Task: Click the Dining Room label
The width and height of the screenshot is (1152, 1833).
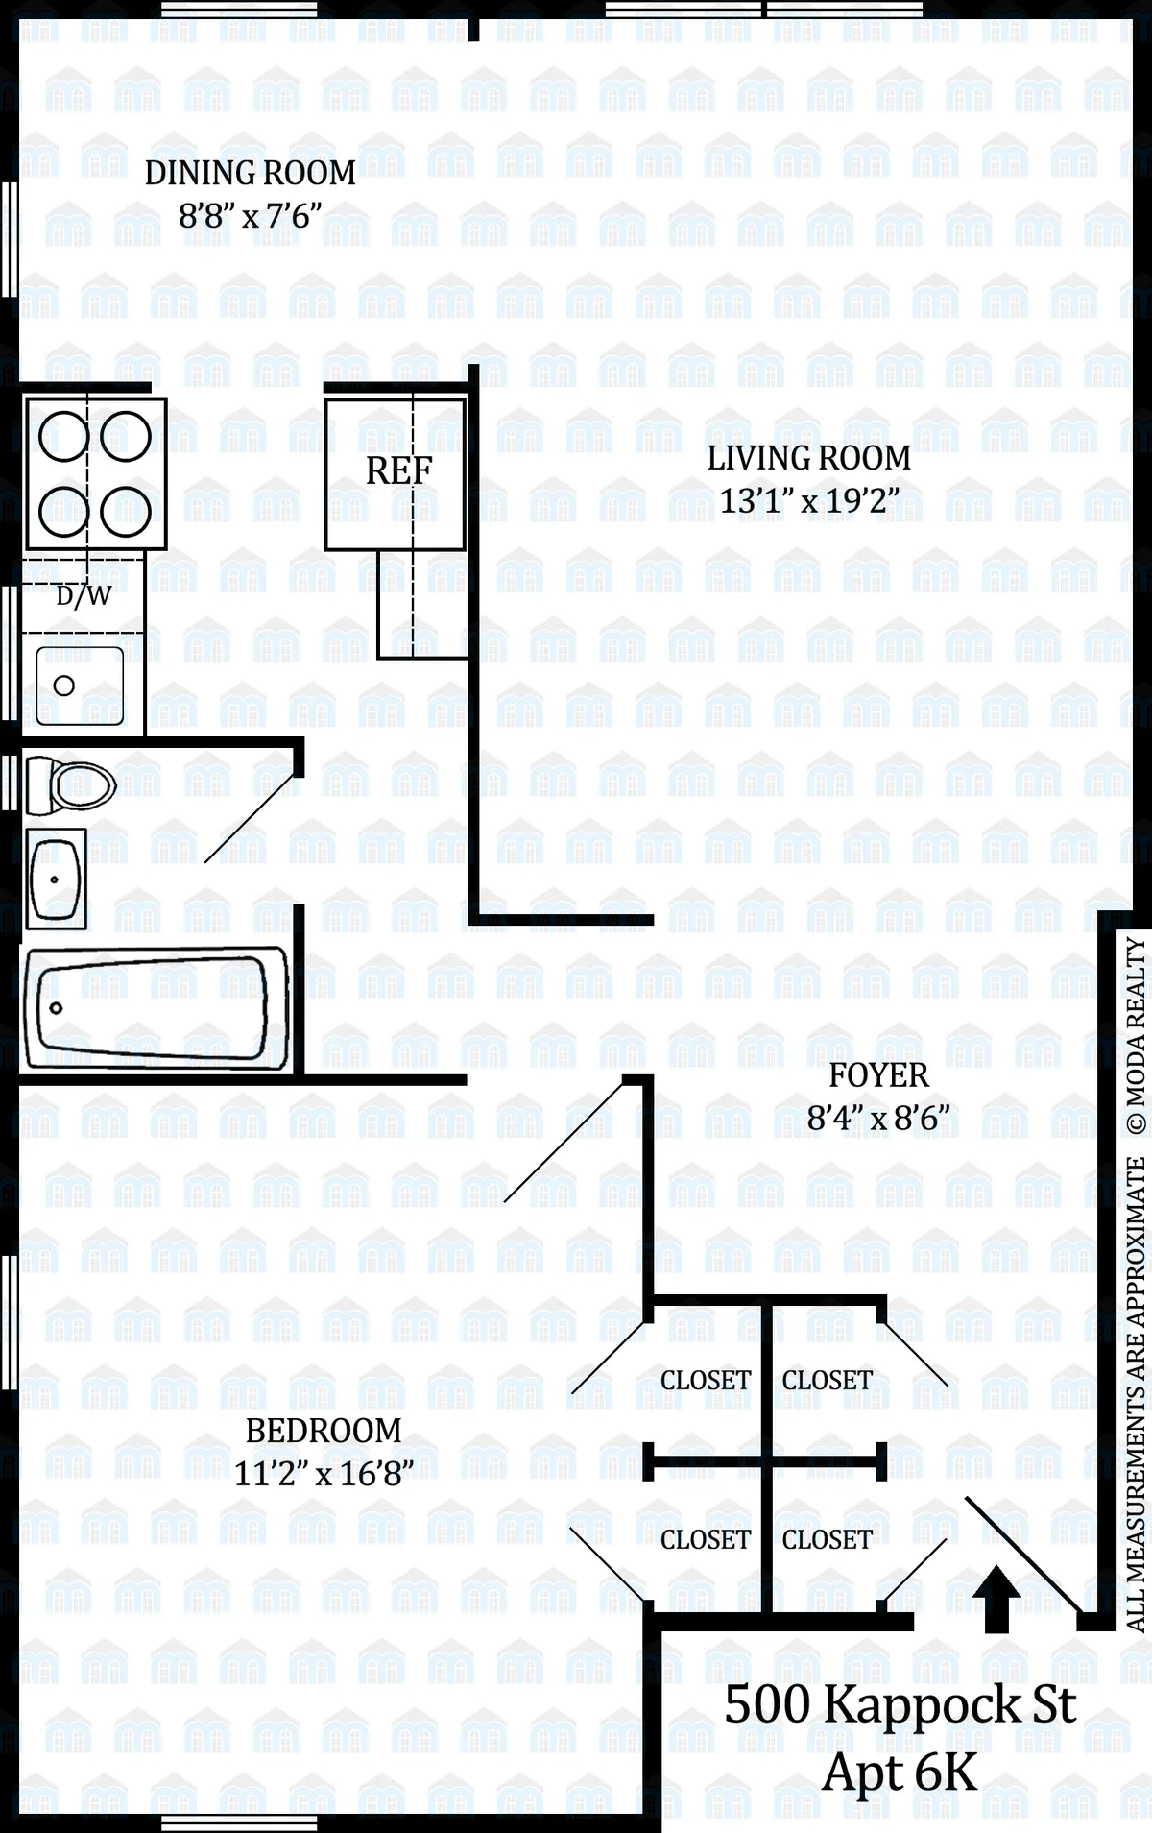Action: coord(250,174)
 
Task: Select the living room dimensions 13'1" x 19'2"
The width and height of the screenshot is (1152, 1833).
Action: coord(809,501)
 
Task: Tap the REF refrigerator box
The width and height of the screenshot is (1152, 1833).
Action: coord(396,473)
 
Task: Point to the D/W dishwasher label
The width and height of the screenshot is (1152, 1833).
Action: coord(84,596)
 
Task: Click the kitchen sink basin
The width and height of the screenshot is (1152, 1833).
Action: coord(80,686)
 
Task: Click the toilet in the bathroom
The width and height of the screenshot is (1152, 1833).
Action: coord(71,786)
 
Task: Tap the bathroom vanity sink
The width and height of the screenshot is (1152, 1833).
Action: coord(56,879)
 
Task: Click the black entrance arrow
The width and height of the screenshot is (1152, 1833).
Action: coord(997,1599)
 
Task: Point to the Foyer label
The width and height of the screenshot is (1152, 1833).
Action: coord(878,1075)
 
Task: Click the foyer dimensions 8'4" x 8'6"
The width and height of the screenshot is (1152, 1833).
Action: coord(878,1119)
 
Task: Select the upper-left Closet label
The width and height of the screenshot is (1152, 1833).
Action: coord(706,1381)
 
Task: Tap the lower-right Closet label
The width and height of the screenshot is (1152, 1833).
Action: coord(827,1540)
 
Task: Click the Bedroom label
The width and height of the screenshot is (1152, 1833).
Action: coord(324,1431)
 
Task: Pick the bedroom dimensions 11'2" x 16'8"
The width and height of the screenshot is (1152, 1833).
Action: coord(324,1474)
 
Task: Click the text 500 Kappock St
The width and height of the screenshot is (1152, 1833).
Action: coord(900,1705)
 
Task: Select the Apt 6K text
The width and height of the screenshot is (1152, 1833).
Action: coord(900,1773)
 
